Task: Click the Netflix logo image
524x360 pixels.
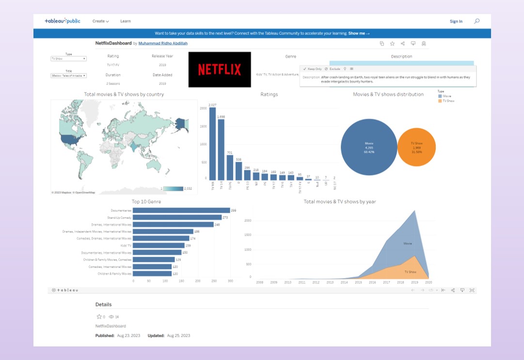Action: coord(220,69)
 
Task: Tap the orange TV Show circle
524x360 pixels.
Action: coord(416,147)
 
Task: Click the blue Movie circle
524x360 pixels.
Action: coord(369,147)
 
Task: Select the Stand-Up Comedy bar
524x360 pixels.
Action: coord(177,218)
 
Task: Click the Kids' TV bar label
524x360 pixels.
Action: coord(124,246)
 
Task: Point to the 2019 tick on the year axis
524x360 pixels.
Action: coord(414,282)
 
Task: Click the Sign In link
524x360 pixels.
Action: coord(456,21)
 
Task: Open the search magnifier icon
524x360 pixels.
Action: coord(476,21)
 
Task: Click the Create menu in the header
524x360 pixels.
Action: coord(100,21)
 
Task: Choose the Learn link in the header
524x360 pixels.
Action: coord(126,21)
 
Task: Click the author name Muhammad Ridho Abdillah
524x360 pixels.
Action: coord(163,43)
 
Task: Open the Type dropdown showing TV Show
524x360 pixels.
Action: coord(68,59)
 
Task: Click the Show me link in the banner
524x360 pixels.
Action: coord(359,33)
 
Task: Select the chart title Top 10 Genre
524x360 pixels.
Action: coord(146,202)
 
